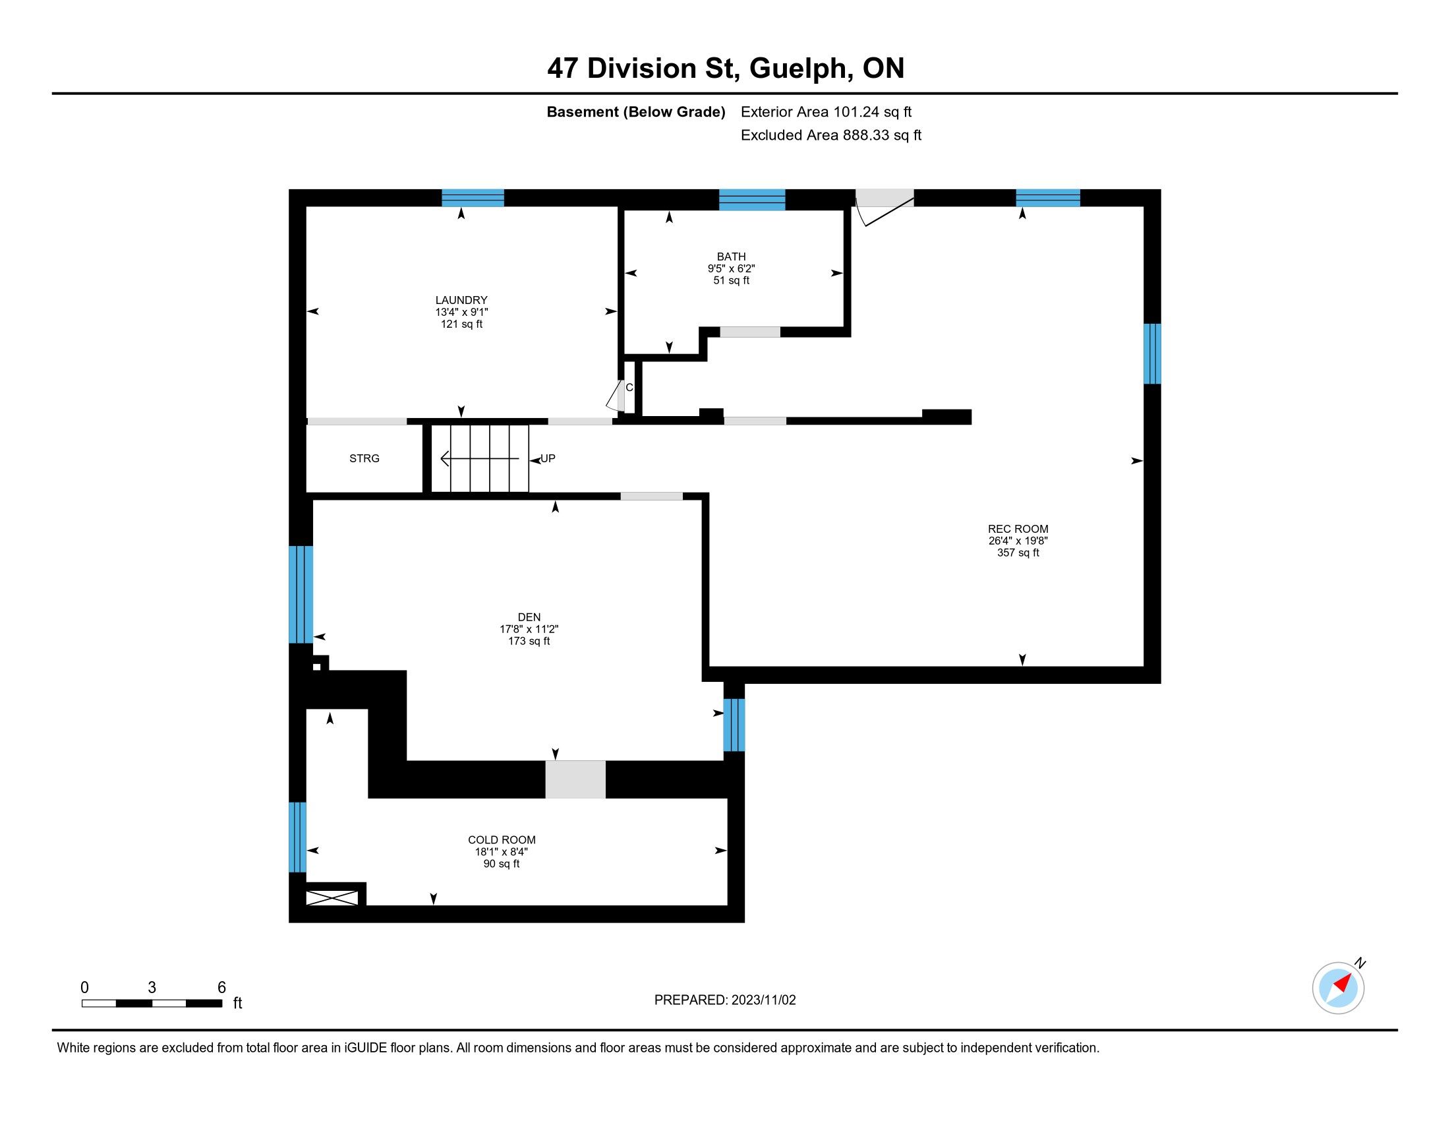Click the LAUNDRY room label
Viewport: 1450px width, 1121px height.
pos(461,300)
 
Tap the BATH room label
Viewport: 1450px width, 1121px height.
pos(731,257)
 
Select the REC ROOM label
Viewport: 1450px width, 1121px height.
pos(1018,530)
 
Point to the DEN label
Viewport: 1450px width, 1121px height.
pos(529,618)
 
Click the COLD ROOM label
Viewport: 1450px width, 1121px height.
pos(502,840)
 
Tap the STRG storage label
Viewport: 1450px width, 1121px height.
pos(364,458)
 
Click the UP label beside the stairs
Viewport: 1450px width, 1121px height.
pos(548,458)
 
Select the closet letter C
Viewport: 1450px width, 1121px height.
pos(629,387)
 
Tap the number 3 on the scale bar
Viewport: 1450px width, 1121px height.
pos(152,988)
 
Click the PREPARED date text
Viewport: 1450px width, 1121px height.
pos(725,1000)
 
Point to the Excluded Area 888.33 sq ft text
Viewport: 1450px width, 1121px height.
pos(831,135)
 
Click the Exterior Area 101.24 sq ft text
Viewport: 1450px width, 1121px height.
pos(826,112)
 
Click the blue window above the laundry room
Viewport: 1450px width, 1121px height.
pos(473,198)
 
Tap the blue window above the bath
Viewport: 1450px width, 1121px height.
pos(752,200)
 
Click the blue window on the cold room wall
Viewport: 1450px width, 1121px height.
pos(297,837)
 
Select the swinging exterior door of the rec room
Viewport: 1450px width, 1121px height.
pos(884,206)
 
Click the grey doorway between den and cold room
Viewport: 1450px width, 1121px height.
pos(575,779)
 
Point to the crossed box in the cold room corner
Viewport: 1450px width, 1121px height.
pos(332,898)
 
